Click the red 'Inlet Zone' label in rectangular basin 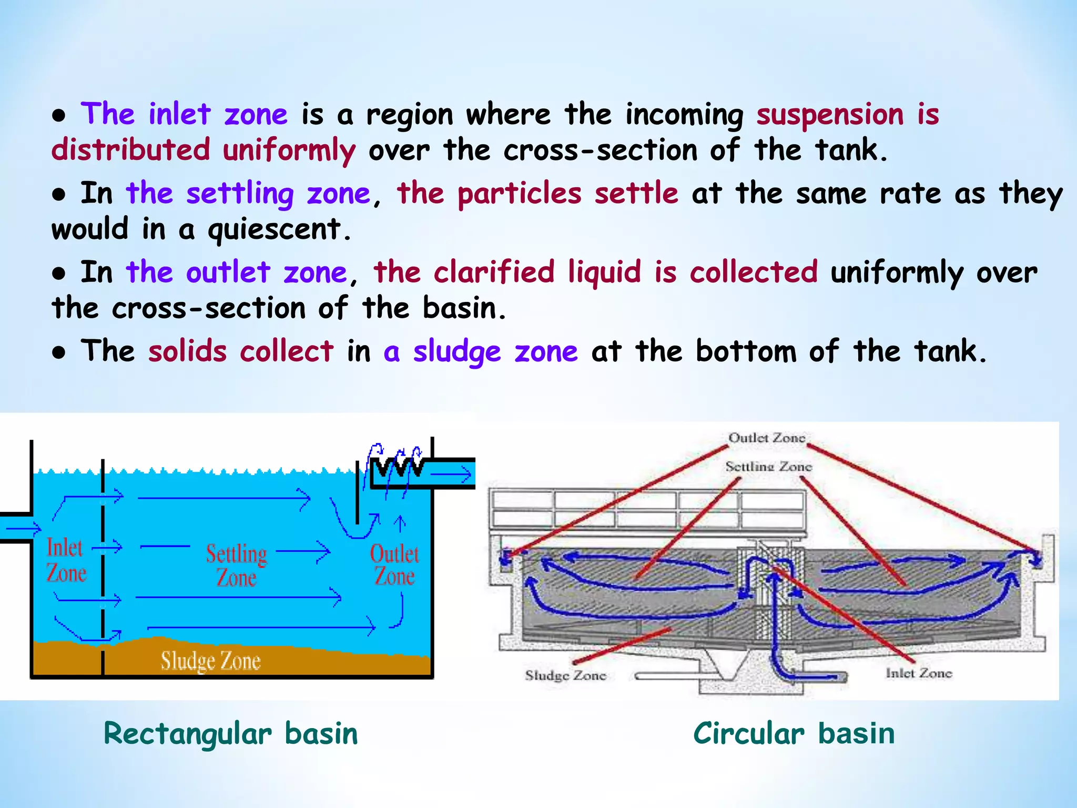click(x=66, y=560)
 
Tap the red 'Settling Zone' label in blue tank click(x=236, y=565)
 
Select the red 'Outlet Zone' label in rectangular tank click(x=394, y=564)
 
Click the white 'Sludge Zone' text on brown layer click(x=210, y=661)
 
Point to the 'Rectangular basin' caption click(x=230, y=733)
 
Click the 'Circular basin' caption click(x=794, y=733)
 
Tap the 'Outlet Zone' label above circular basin click(x=766, y=438)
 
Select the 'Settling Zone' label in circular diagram click(x=768, y=466)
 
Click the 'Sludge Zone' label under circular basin click(x=565, y=675)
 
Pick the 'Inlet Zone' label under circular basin click(x=919, y=673)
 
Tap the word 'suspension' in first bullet click(x=830, y=114)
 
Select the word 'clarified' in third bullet click(x=494, y=272)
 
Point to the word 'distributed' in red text click(x=131, y=150)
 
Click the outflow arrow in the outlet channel click(x=451, y=475)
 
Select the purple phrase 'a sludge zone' click(x=480, y=351)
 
